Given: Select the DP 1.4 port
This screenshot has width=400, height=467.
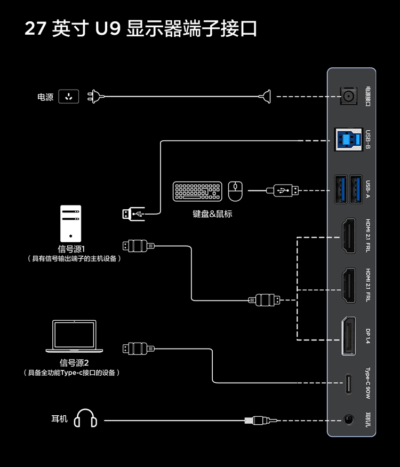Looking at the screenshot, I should pos(349,335).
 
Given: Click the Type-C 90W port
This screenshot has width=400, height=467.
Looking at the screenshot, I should pos(349,383).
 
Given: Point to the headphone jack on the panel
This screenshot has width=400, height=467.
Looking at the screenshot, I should pos(349,420).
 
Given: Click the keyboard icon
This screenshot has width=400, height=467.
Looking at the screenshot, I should pos(197,192).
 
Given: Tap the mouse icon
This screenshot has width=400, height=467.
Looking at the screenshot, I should pos(235,191).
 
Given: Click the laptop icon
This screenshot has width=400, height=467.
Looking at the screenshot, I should pos(74,336).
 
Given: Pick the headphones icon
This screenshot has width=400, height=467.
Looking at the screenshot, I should pos(85,419).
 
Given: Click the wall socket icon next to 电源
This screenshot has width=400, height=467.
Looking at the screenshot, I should pos(68,97).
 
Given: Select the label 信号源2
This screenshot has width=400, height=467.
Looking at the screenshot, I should pos(74,363).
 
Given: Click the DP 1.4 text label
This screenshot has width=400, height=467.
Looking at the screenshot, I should pos(368,335).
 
